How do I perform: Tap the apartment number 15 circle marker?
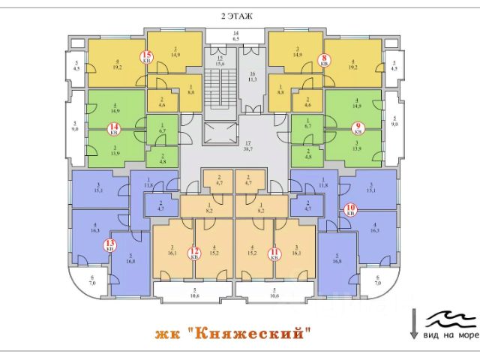point(147,56)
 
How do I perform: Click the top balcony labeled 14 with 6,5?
point(235,36)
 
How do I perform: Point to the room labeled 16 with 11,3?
point(253,75)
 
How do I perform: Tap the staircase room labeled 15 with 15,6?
point(220,61)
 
